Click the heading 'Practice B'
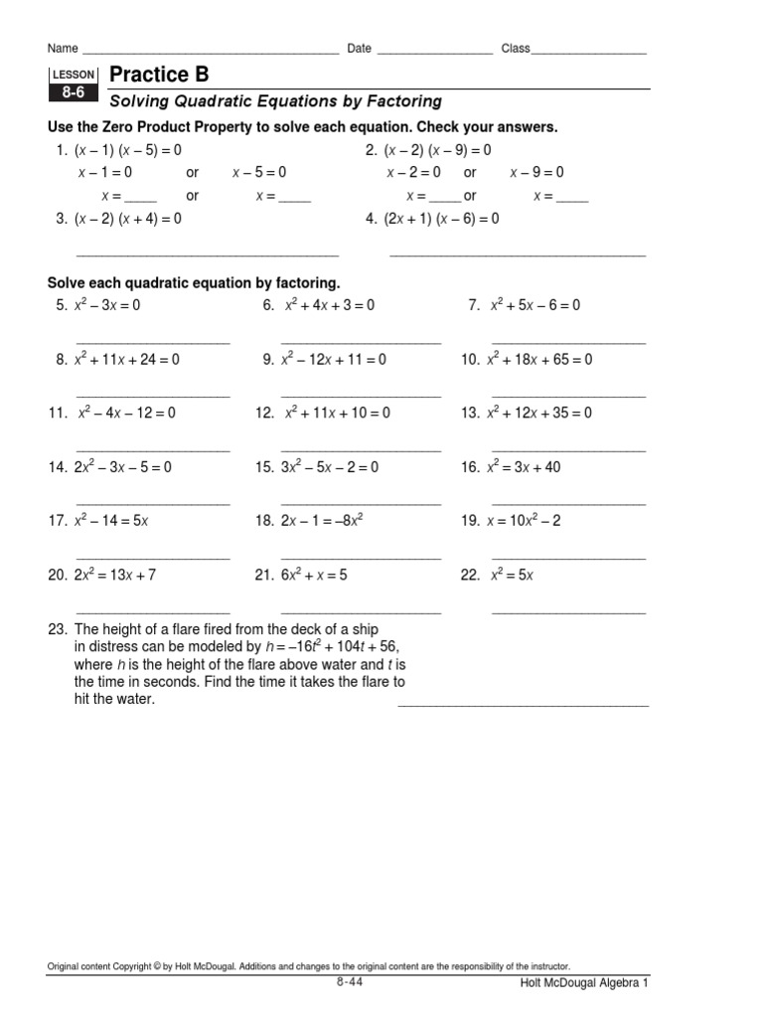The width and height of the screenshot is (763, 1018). coord(159,76)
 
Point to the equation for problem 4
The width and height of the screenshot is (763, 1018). coord(442,219)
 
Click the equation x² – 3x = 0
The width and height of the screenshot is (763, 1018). coord(107,305)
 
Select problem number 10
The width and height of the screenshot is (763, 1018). coord(470,360)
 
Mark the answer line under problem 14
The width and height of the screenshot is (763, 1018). coord(153,504)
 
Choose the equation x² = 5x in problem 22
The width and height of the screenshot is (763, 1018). coord(512,575)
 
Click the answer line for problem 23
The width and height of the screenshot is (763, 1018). coord(523,705)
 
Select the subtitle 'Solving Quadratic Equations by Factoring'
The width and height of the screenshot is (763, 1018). coord(275,101)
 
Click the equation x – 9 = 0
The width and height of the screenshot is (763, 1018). coord(537,172)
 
